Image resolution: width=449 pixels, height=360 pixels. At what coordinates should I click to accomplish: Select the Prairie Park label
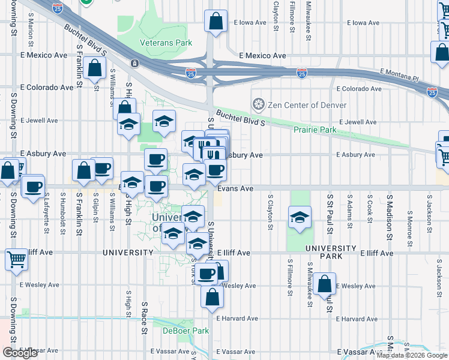[315, 130]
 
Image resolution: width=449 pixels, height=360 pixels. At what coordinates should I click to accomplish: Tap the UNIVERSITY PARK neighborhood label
[330, 252]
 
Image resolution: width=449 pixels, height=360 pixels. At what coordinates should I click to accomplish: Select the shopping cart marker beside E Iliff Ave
[16, 259]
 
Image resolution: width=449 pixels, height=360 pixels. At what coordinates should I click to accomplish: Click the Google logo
[20, 353]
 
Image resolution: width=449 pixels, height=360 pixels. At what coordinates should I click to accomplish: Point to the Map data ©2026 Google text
[412, 355]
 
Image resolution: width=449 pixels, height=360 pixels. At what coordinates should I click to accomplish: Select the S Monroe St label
[409, 220]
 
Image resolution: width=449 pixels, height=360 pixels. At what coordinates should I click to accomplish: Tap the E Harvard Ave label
[237, 319]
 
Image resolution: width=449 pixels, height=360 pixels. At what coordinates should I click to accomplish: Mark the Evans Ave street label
[235, 188]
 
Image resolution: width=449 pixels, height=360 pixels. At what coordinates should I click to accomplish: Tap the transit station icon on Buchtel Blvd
[135, 63]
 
